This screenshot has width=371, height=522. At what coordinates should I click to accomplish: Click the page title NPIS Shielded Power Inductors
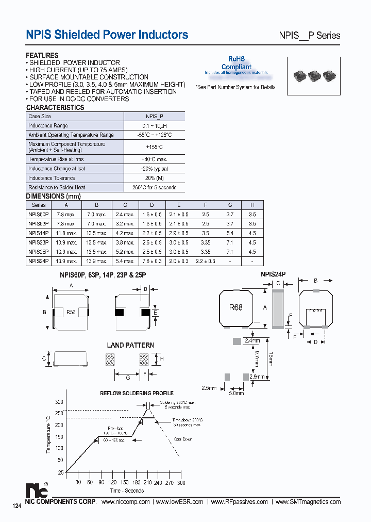(107, 35)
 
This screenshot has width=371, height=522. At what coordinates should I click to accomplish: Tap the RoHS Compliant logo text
(237, 63)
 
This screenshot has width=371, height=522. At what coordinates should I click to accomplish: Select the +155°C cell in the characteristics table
(155, 147)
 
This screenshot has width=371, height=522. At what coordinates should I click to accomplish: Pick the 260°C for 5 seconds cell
(155, 187)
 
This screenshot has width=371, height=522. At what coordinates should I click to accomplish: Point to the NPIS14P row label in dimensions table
(39, 233)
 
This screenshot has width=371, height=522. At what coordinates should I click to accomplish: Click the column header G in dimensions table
(230, 205)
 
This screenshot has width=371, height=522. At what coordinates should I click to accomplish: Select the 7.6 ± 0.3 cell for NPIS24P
(151, 261)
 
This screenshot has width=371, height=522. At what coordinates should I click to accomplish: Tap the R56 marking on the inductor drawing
(71, 312)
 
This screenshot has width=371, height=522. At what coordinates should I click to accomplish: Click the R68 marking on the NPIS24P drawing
(236, 307)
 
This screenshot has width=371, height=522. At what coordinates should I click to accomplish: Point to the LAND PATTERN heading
(130, 345)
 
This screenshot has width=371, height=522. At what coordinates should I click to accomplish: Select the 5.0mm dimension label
(236, 393)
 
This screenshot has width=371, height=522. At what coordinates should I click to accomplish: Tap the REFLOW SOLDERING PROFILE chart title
(137, 393)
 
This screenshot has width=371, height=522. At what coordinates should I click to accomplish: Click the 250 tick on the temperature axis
(59, 414)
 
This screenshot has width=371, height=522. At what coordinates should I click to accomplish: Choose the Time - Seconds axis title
(126, 491)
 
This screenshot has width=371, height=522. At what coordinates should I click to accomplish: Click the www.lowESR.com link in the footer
(179, 502)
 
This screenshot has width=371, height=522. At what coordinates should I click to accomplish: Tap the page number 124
(16, 507)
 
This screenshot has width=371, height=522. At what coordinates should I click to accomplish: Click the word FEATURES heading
(42, 55)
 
